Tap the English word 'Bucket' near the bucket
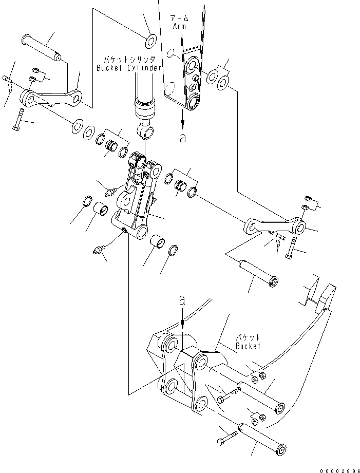point(248,346)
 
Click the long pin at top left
point(43,46)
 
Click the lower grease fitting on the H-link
point(98,250)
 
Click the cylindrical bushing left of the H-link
point(101,211)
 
